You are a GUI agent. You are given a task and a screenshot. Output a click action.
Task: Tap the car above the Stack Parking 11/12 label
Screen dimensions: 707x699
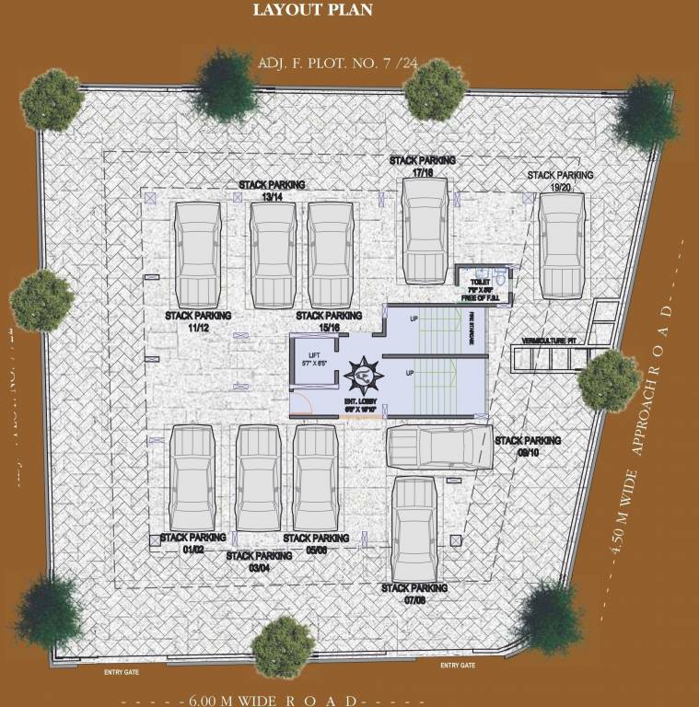point(199,253)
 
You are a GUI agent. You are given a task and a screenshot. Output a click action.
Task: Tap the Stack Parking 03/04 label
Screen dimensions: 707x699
point(259,562)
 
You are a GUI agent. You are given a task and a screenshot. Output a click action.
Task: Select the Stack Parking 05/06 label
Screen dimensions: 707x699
point(316,544)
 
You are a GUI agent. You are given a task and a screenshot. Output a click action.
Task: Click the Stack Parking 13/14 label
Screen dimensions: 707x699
point(272,191)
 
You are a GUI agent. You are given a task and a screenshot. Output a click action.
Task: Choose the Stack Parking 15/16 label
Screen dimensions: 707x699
point(329,321)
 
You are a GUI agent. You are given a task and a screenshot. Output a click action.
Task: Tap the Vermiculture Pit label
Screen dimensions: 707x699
point(548,342)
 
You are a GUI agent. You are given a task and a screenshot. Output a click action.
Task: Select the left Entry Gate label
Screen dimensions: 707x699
point(121,672)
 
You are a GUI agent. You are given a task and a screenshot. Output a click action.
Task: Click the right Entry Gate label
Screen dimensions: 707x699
point(458,666)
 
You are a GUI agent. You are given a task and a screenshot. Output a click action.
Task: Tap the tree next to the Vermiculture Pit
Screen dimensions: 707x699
point(610,378)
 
